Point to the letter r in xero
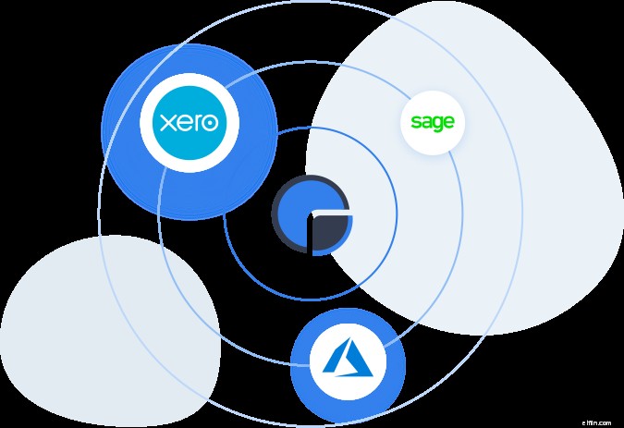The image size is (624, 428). (195, 122)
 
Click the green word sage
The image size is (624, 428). (433, 122)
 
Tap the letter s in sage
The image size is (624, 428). (416, 121)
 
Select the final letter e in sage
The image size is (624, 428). (448, 121)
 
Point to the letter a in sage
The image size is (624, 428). (426, 121)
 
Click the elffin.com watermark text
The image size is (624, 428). (601, 421)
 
